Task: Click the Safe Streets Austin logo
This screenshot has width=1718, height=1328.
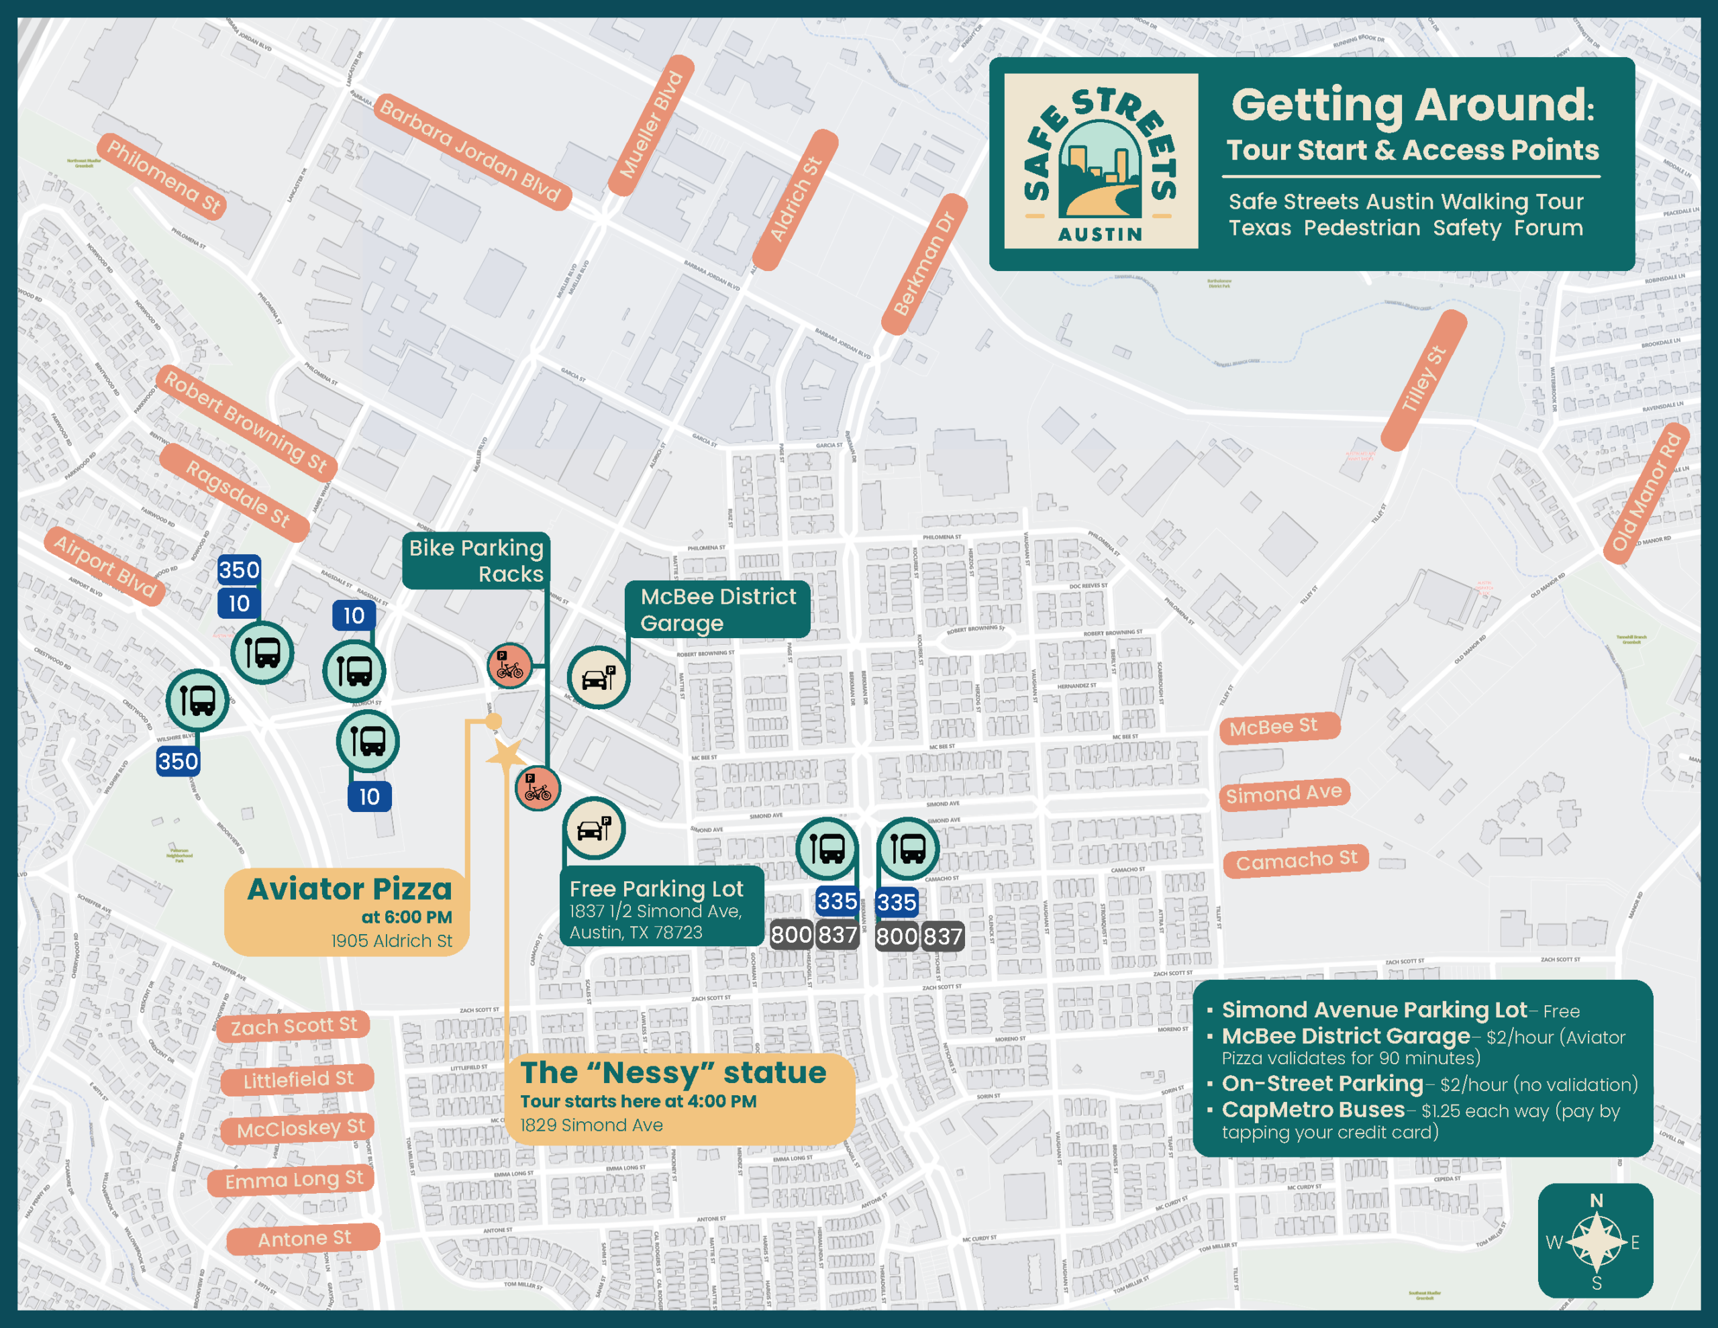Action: click(1101, 161)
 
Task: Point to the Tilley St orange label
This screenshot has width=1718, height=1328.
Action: click(1424, 379)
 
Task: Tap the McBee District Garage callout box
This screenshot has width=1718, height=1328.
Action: click(717, 610)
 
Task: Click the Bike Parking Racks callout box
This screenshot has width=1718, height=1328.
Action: click(476, 560)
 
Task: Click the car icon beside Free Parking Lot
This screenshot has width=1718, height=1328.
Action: click(594, 829)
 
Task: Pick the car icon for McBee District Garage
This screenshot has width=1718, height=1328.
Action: click(598, 677)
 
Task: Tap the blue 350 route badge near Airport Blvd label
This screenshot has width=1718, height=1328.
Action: click(239, 570)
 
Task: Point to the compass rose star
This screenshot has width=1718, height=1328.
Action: click(1595, 1242)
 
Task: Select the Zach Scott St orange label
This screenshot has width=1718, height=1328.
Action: click(293, 1026)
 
